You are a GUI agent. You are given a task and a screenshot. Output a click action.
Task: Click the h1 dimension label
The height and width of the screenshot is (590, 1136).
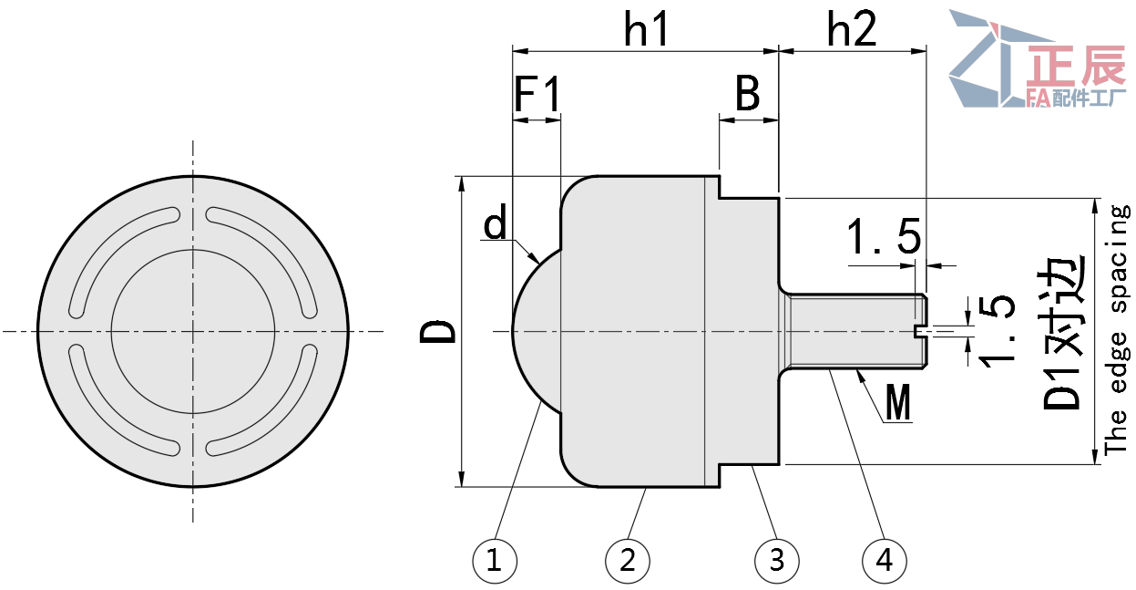647,31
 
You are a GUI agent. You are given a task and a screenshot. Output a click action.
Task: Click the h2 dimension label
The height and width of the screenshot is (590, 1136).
852,31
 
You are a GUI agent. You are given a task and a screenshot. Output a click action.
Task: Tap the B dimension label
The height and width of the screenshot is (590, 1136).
748,94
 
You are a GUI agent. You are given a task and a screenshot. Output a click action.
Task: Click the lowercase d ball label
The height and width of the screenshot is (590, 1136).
496,224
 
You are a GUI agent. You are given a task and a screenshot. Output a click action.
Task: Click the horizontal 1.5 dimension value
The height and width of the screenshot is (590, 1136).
884,239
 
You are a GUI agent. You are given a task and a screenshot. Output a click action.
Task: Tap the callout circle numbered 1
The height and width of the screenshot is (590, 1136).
495,559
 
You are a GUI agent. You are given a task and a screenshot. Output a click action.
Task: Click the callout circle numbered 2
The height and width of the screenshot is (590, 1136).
628,559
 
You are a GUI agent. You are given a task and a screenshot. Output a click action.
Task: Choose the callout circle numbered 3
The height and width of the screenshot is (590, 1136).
777,559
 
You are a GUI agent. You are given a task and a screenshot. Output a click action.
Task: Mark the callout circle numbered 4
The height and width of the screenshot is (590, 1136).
884,559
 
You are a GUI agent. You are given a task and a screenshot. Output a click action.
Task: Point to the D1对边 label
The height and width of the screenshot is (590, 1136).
1064,333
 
